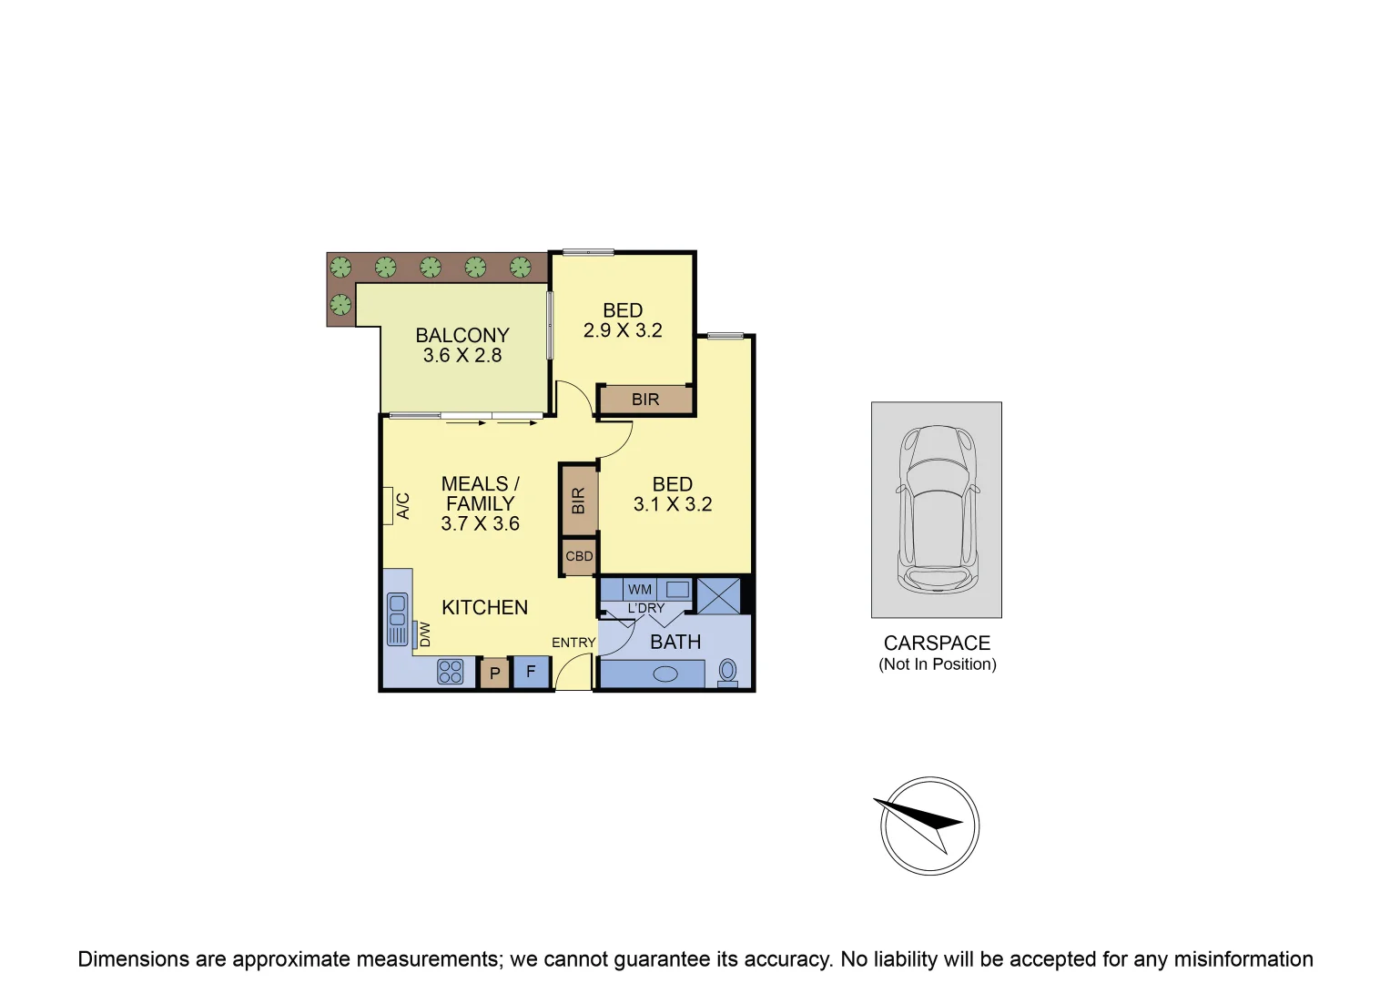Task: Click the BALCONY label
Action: [x=462, y=335]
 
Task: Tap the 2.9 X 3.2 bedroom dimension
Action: [x=623, y=331]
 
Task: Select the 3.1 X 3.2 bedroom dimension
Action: [x=673, y=504]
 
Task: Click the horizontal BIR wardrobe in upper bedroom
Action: [x=645, y=400]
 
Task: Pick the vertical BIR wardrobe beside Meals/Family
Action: [x=578, y=501]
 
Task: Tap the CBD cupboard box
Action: [x=579, y=556]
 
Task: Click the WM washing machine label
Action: [x=640, y=590]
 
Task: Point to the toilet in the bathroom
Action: [x=727, y=672]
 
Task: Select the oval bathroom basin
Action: [x=666, y=674]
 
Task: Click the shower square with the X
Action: [x=718, y=595]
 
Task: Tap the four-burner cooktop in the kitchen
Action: [x=451, y=672]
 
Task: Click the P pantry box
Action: [x=495, y=674]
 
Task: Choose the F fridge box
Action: [x=531, y=672]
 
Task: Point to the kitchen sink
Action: [x=398, y=619]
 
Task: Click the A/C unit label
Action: [x=403, y=506]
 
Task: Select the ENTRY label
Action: [x=573, y=643]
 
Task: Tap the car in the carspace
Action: [x=937, y=509]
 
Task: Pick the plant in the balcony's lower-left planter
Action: [x=340, y=304]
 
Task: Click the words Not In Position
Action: [x=937, y=664]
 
